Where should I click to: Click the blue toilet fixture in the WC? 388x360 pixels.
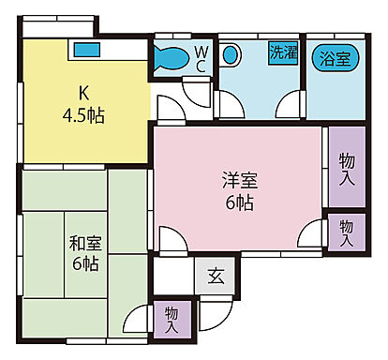[172, 56]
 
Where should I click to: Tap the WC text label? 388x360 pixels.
[201, 57]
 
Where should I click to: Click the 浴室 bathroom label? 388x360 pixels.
[336, 57]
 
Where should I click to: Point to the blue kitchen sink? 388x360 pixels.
[86, 49]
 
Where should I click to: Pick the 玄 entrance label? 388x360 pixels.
[216, 278]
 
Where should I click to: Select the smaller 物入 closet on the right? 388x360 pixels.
[346, 231]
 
